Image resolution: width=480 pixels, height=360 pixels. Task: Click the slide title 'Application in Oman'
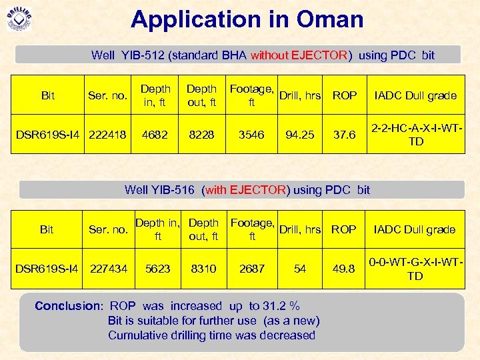point(247,19)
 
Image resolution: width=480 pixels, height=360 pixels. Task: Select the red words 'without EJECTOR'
point(299,55)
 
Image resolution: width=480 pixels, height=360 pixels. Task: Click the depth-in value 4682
point(155,135)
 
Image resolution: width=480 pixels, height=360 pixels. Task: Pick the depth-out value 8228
point(202,135)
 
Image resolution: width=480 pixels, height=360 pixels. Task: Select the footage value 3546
point(252,135)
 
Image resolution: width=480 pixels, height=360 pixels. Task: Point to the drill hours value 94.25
point(300,135)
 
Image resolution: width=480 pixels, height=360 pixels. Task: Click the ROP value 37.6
point(344,135)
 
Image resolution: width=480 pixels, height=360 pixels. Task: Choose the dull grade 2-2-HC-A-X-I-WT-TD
point(415,135)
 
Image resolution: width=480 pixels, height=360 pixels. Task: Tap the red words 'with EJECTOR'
point(248,190)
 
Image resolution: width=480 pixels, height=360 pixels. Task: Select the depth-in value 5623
point(158,269)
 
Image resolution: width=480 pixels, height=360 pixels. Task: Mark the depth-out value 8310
point(203,269)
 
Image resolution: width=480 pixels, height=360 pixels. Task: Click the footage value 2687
point(252,269)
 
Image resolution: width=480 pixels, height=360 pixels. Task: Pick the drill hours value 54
point(300,269)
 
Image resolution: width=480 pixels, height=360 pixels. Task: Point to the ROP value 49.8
point(344,269)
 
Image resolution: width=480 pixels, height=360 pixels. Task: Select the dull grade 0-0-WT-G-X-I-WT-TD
point(415,269)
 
